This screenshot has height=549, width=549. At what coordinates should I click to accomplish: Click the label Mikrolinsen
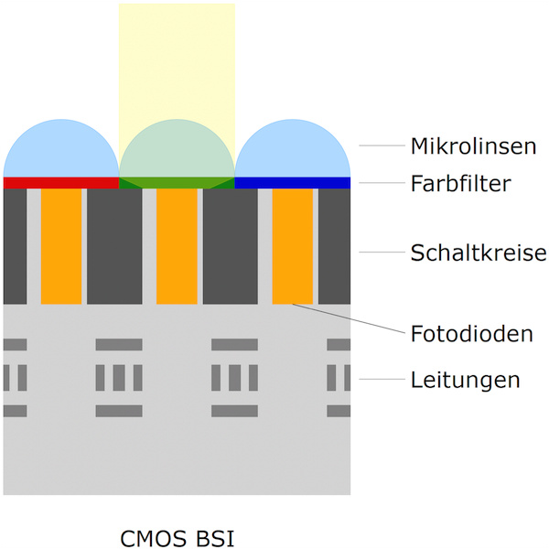pyautogui.click(x=473, y=146)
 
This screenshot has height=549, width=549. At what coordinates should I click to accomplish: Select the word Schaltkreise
pyautogui.click(x=479, y=253)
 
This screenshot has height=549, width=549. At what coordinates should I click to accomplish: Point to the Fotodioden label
pyautogui.click(x=471, y=333)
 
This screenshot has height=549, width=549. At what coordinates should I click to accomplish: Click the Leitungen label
pyautogui.click(x=465, y=379)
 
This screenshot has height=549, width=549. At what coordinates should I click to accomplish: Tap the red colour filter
pyautogui.click(x=61, y=183)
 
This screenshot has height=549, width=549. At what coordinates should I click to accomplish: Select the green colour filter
pyautogui.click(x=177, y=183)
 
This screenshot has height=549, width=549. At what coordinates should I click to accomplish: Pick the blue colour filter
pyautogui.click(x=293, y=183)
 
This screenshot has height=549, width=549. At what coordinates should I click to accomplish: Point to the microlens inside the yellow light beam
pyautogui.click(x=177, y=154)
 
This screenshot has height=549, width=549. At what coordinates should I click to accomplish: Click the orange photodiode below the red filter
pyautogui.click(x=61, y=246)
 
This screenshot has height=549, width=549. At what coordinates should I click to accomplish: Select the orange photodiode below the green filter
pyautogui.click(x=177, y=246)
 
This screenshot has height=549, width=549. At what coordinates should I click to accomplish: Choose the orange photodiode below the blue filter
pyautogui.click(x=293, y=246)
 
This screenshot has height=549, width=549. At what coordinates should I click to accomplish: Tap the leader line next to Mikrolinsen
pyautogui.click(x=380, y=146)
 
